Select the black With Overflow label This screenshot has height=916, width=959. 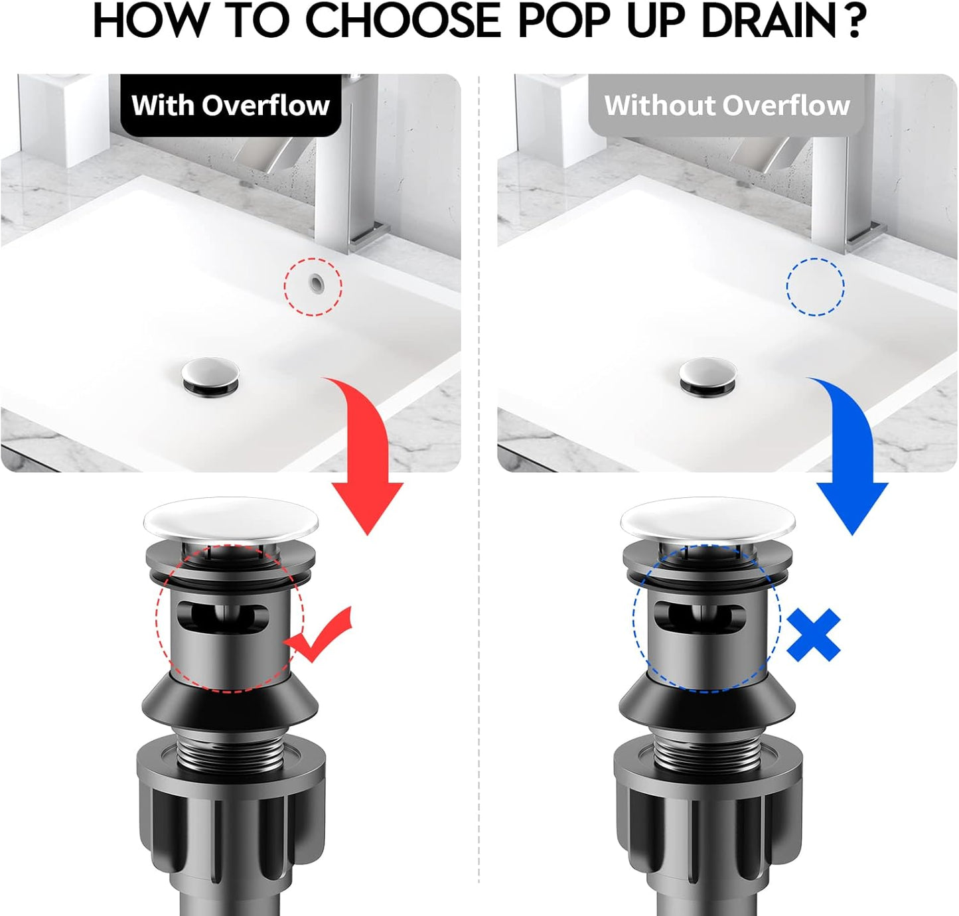230,106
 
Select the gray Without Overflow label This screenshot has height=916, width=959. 727,106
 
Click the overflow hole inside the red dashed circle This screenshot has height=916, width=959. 315,283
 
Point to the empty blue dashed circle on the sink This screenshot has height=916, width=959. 815,287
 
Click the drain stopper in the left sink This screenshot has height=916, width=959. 210,376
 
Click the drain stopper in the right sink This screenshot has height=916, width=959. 707,376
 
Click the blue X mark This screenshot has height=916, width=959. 814,636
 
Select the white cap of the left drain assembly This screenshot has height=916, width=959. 231,518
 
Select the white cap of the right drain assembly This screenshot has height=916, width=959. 707,518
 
